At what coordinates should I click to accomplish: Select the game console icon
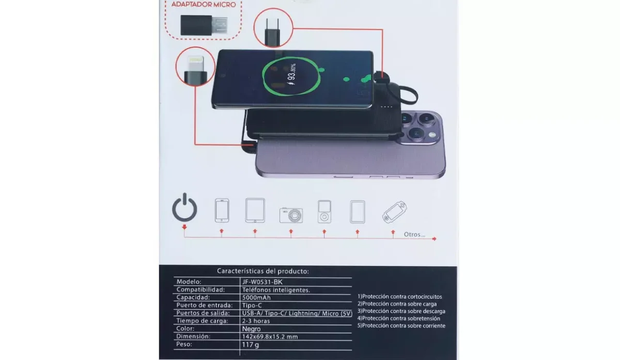tap(394, 211)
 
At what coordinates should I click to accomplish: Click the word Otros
tap(414, 234)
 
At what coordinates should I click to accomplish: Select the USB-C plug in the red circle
tap(273, 30)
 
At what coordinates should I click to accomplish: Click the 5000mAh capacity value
tap(257, 298)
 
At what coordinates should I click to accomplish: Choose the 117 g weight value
tap(250, 344)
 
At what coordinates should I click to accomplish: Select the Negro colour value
tap(251, 328)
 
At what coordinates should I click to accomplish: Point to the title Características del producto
tap(262, 271)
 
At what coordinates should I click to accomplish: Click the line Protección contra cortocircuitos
tap(399, 296)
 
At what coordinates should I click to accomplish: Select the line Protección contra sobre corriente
tap(401, 325)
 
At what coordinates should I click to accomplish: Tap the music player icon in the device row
tap(324, 211)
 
